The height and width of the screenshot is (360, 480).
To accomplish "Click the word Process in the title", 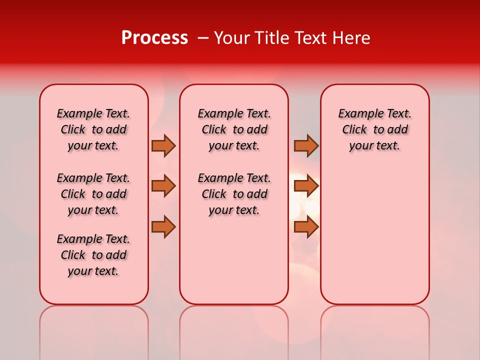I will click(154, 38).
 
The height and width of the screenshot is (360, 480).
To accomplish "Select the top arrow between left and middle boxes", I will click(163, 145).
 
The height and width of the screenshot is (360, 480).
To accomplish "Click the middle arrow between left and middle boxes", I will click(163, 186).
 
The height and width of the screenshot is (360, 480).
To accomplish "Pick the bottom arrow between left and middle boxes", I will click(163, 226).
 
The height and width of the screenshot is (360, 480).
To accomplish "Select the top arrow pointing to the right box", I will click(306, 145).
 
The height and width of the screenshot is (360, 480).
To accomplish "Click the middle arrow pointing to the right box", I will click(306, 186).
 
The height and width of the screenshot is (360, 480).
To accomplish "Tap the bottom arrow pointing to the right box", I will click(306, 226).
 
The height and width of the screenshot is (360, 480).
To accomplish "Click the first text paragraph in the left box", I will click(93, 129).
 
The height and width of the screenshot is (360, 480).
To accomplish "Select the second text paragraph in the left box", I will click(93, 194).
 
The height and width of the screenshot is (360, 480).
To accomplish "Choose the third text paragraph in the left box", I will click(93, 255).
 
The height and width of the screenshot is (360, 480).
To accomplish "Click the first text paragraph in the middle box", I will click(234, 129).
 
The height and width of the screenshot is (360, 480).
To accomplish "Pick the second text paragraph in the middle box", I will click(234, 194).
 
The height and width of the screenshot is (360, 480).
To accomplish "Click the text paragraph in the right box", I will click(375, 129).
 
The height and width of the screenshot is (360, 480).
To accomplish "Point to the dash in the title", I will click(203, 38).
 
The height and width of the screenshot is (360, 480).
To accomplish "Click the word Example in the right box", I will click(358, 113).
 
